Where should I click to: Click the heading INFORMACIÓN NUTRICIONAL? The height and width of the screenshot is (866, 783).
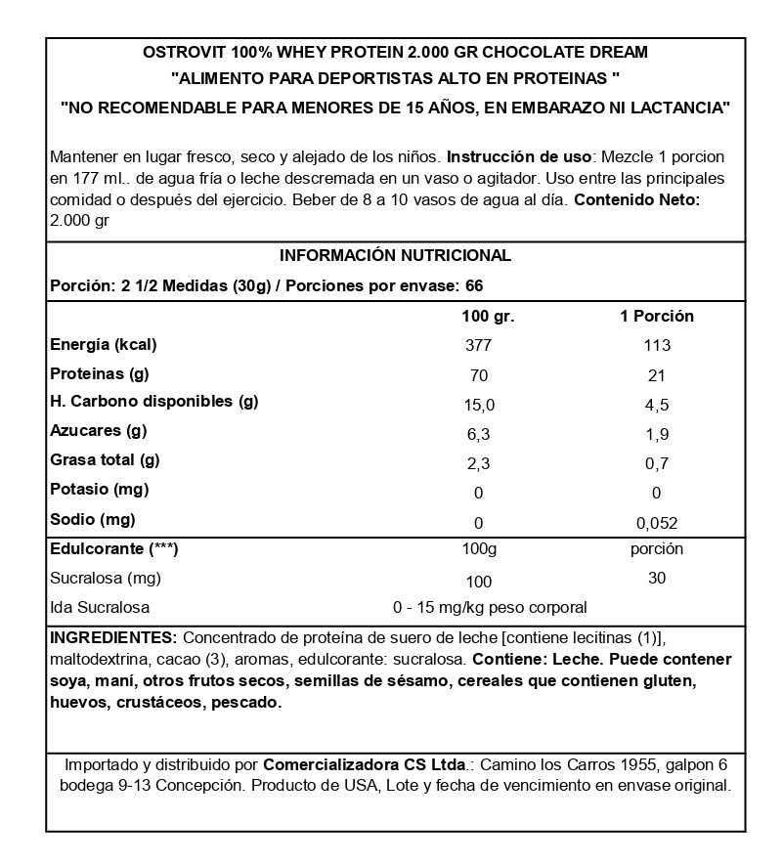pyautogui.click(x=395, y=256)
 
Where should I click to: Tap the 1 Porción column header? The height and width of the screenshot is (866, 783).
pyautogui.click(x=657, y=317)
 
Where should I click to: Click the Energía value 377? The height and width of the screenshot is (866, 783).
pyautogui.click(x=479, y=345)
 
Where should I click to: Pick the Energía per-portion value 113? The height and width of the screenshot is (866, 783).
pyautogui.click(x=657, y=345)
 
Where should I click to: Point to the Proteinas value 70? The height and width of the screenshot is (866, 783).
pyautogui.click(x=479, y=374)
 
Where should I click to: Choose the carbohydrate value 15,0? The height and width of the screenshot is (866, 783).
pyautogui.click(x=479, y=404)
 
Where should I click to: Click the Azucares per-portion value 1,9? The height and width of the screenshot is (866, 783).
pyautogui.click(x=657, y=433)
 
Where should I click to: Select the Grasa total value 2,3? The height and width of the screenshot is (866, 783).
pyautogui.click(x=479, y=462)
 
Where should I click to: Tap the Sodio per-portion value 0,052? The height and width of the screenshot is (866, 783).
pyautogui.click(x=657, y=523)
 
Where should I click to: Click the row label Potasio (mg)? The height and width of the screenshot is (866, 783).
pyautogui.click(x=99, y=490)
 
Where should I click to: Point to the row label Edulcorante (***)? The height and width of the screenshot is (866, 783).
pyautogui.click(x=113, y=549)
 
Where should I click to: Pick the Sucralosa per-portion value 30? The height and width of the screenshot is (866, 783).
pyautogui.click(x=657, y=579)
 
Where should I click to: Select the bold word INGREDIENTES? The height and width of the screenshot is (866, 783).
pyautogui.click(x=113, y=636)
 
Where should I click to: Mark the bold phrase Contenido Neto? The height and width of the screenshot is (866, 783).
pyautogui.click(x=636, y=200)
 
